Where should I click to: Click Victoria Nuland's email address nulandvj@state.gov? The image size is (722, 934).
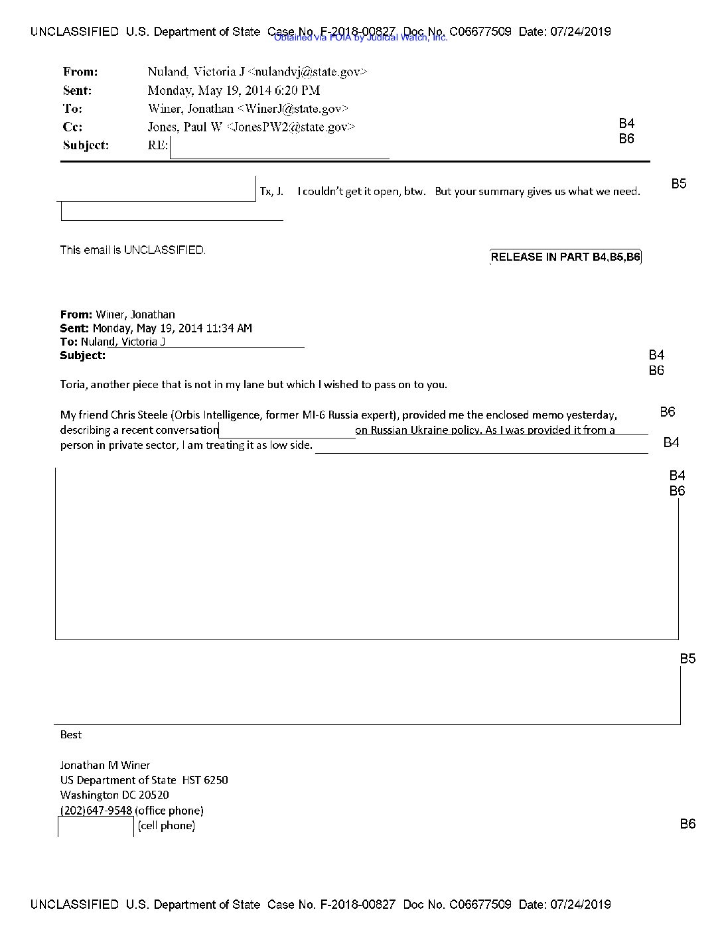click(307, 72)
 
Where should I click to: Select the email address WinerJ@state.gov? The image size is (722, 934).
click(293, 108)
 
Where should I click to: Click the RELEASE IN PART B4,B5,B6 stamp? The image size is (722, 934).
click(565, 257)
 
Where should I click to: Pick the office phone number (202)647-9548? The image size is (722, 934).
click(96, 810)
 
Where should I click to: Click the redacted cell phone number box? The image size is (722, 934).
click(96, 827)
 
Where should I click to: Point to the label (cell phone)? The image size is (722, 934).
click(167, 826)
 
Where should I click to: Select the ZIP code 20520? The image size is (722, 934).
click(154, 795)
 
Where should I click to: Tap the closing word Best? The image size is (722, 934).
click(71, 734)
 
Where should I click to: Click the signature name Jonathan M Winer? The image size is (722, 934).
click(105, 765)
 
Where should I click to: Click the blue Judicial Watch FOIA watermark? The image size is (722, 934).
click(361, 38)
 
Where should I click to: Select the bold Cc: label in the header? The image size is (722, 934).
click(72, 127)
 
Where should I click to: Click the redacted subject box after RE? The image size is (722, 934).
click(279, 147)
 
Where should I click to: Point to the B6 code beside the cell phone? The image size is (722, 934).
click(687, 824)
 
